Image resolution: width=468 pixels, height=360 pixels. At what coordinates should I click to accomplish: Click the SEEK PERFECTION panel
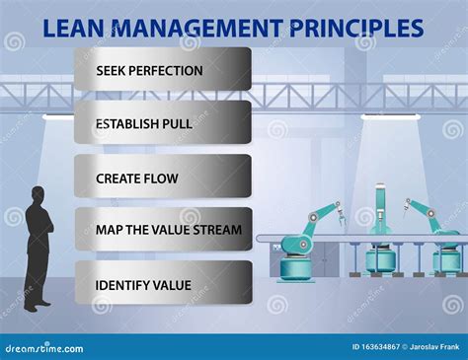click(163, 70)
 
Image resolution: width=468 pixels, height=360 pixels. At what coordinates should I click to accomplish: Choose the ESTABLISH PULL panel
click(163, 124)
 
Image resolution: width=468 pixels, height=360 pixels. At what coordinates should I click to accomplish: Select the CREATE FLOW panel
click(163, 179)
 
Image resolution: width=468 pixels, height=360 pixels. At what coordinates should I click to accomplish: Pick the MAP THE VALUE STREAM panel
click(163, 230)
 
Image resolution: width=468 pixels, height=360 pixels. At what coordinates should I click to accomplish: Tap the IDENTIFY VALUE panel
click(163, 284)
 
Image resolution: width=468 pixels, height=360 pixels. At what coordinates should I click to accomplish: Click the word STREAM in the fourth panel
click(218, 230)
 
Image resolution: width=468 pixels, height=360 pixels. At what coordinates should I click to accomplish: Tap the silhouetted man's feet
click(37, 307)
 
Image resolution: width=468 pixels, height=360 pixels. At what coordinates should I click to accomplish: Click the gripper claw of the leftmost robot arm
click(338, 209)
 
